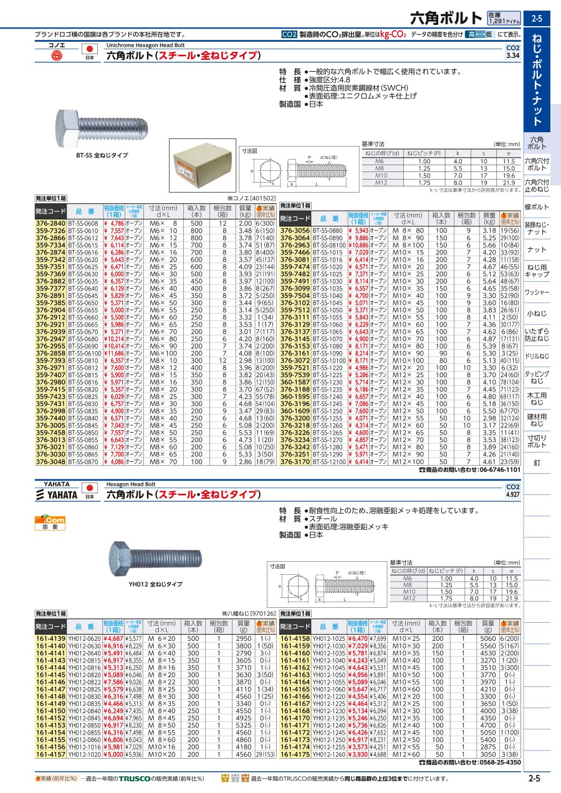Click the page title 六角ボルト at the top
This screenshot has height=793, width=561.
click(x=447, y=17)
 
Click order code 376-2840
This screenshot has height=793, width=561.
click(x=50, y=223)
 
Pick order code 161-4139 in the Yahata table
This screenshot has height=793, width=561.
click(x=50, y=638)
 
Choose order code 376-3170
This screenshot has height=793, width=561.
click(x=295, y=462)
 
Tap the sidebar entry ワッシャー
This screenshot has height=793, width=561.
click(x=537, y=292)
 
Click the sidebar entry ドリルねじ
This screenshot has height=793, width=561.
click(x=537, y=356)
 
